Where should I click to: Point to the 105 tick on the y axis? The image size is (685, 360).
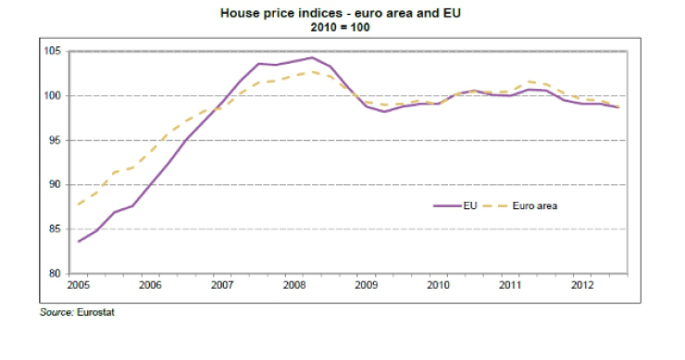53,52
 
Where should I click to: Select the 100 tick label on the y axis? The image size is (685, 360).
53,96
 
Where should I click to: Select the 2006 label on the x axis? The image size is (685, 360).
150,286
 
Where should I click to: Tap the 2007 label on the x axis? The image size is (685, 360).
222,286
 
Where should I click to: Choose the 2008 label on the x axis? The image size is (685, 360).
294,286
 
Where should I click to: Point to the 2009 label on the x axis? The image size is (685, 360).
367,286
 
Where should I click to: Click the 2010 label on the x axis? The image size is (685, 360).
439,286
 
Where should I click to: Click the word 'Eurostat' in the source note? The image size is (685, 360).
95,312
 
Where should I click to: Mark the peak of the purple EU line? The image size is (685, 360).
310,57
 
